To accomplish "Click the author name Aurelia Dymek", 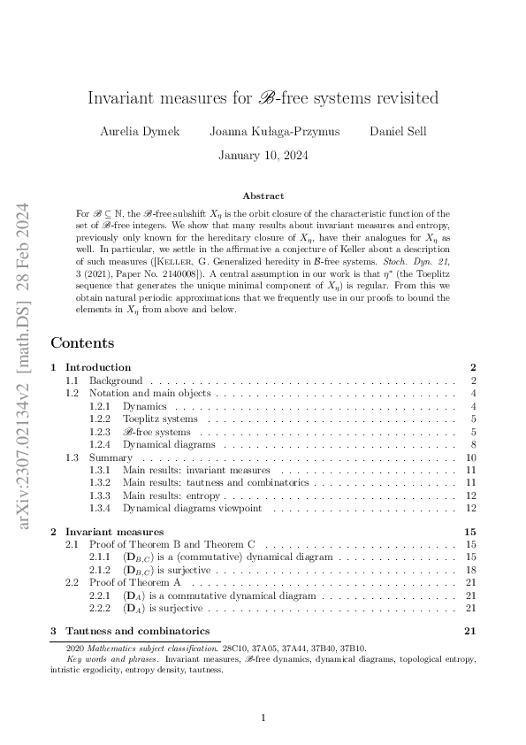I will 141,132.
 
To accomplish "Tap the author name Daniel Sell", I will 398,132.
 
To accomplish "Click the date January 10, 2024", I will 263,157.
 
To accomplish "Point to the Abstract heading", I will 263,196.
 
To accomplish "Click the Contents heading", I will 82,342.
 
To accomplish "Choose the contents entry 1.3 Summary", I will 111,457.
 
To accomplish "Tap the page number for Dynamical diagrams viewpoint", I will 471,508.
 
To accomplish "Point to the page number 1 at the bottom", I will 263,718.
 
